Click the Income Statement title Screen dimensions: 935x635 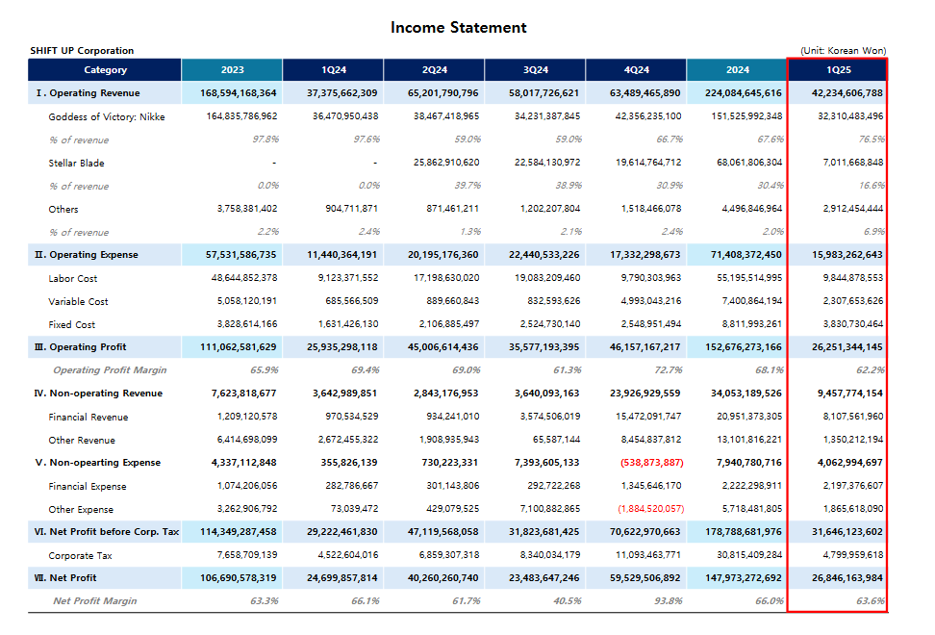pyautogui.click(x=458, y=28)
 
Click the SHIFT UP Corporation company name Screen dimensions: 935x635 pyautogui.click(x=82, y=51)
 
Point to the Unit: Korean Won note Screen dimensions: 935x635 pyautogui.click(x=844, y=51)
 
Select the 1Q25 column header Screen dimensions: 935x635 pyautogui.click(x=839, y=70)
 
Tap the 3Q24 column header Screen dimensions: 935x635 pyautogui.click(x=536, y=70)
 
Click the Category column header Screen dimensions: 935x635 pyautogui.click(x=105, y=70)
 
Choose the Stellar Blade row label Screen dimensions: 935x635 pyautogui.click(x=76, y=163)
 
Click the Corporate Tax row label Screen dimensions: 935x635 pyautogui.click(x=80, y=555)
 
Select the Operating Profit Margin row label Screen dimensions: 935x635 pyautogui.click(x=110, y=369)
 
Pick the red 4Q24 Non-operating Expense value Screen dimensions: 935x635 pyautogui.click(x=652, y=463)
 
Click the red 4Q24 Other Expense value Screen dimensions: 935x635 pyautogui.click(x=651, y=509)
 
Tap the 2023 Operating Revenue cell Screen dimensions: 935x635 pyautogui.click(x=238, y=93)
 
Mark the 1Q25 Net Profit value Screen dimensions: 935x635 pyautogui.click(x=847, y=578)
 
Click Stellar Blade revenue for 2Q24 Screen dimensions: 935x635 pyautogui.click(x=446, y=163)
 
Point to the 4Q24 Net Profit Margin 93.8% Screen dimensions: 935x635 pyautogui.click(x=669, y=601)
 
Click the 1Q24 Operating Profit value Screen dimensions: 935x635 pyautogui.click(x=341, y=347)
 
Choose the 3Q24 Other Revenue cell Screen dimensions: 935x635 pyautogui.click(x=556, y=440)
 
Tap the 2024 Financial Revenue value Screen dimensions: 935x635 pyautogui.click(x=749, y=417)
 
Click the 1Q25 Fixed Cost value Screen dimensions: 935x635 pyautogui.click(x=853, y=324)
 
